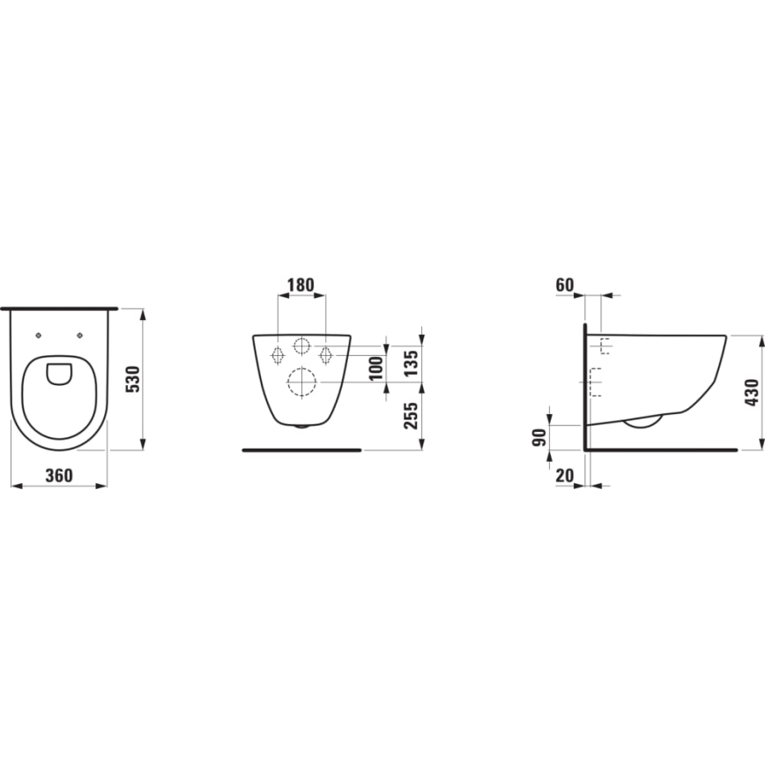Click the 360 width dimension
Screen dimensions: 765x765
click(x=58, y=475)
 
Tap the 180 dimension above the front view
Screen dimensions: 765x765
click(x=301, y=285)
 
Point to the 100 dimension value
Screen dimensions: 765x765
click(x=376, y=368)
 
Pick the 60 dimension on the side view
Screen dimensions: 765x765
click(x=566, y=285)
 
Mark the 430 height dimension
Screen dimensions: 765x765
click(x=751, y=392)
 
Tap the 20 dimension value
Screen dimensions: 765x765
click(x=566, y=476)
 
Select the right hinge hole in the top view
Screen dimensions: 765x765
click(x=80, y=335)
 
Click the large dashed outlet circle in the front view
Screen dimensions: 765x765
click(x=301, y=382)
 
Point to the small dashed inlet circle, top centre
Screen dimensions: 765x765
click(x=301, y=346)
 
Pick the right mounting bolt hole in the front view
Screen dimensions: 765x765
click(x=325, y=355)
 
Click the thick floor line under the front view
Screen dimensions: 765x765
click(x=301, y=449)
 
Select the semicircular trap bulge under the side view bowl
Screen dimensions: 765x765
click(x=642, y=422)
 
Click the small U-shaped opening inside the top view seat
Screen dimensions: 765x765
click(x=59, y=374)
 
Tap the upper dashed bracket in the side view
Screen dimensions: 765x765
click(x=605, y=346)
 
